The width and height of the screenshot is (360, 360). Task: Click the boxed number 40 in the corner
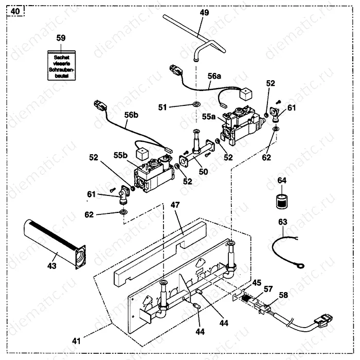point(15,10)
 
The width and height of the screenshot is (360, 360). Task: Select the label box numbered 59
point(61,38)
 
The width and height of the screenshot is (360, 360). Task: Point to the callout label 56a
point(215,76)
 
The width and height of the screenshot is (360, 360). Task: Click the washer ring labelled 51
point(196,105)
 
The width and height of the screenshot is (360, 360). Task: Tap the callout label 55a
point(209,117)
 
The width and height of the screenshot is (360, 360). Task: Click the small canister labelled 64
point(281,200)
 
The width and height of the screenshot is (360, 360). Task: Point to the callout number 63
point(282,222)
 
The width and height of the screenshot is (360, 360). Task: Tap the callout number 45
point(256,282)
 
